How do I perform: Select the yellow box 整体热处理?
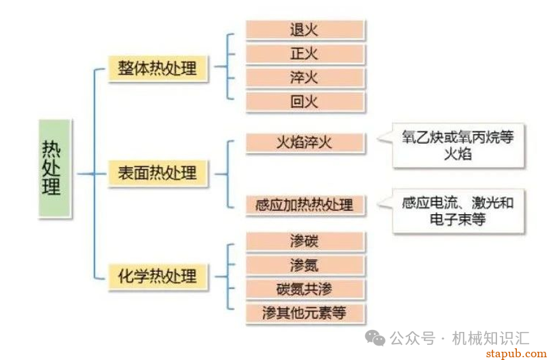158,69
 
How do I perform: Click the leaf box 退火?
304,29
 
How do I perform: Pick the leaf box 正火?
304,53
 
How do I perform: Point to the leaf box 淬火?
304,77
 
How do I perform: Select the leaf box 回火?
304,102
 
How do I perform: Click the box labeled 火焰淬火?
304,142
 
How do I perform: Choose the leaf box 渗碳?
304,241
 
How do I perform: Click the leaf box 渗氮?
304,265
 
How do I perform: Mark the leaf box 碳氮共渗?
304,288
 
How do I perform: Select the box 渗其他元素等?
304,313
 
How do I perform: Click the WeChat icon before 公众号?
374,337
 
